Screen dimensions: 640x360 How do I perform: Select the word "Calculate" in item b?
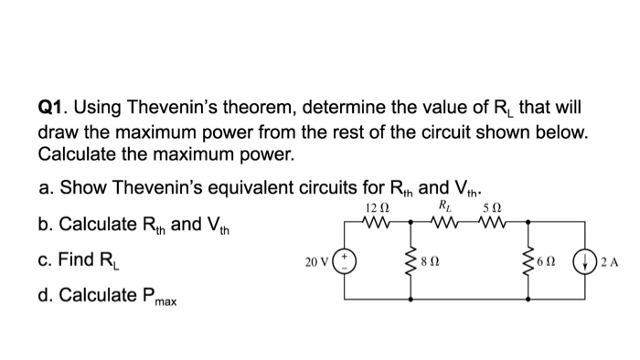click(x=97, y=224)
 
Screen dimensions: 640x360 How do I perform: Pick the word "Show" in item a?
click(x=80, y=188)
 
